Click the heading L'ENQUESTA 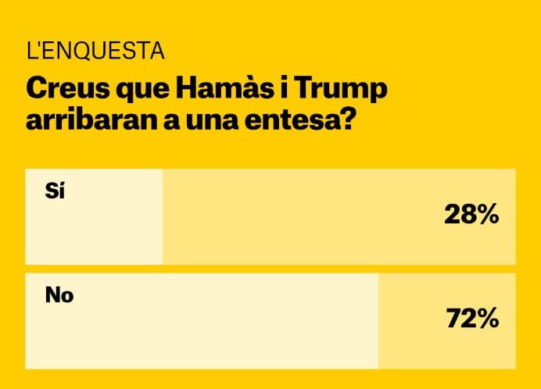(x=95, y=52)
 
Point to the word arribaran (x=83, y=123)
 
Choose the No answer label (x=59, y=296)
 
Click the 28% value (x=471, y=216)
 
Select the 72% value (x=472, y=319)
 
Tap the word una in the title (x=224, y=123)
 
